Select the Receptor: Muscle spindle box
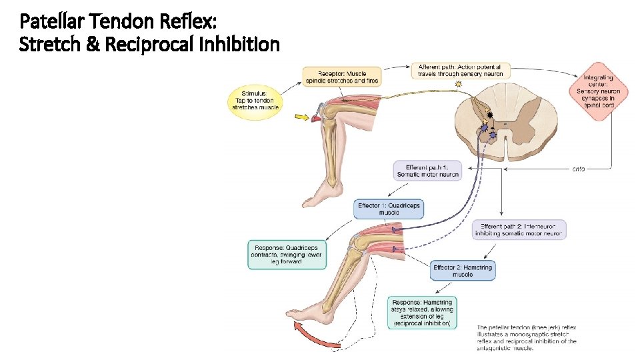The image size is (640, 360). coord(343,76)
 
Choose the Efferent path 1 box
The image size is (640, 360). coord(428,171)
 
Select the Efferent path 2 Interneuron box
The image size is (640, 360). coord(519,230)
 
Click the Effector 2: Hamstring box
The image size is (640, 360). coord(463,271)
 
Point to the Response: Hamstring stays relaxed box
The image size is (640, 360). coord(423,312)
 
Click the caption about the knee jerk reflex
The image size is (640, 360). coord(527,337)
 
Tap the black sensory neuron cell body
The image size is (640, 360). coord(490,115)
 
